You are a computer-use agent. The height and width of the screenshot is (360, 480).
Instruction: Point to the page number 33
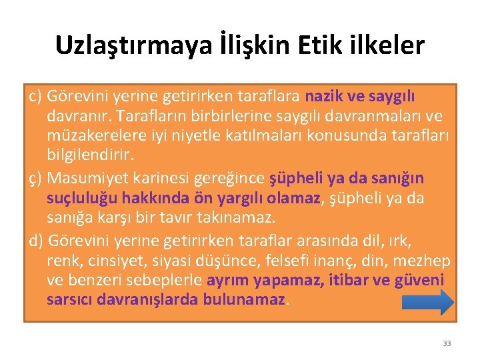[x=447, y=343]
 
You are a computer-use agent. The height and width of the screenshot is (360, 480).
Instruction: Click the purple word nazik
[x=325, y=97]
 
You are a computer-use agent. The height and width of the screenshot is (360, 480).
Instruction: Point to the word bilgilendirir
[x=90, y=155]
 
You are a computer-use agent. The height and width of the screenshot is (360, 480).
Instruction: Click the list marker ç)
[x=36, y=179]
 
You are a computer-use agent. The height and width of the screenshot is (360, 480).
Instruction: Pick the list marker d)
[x=37, y=241]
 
